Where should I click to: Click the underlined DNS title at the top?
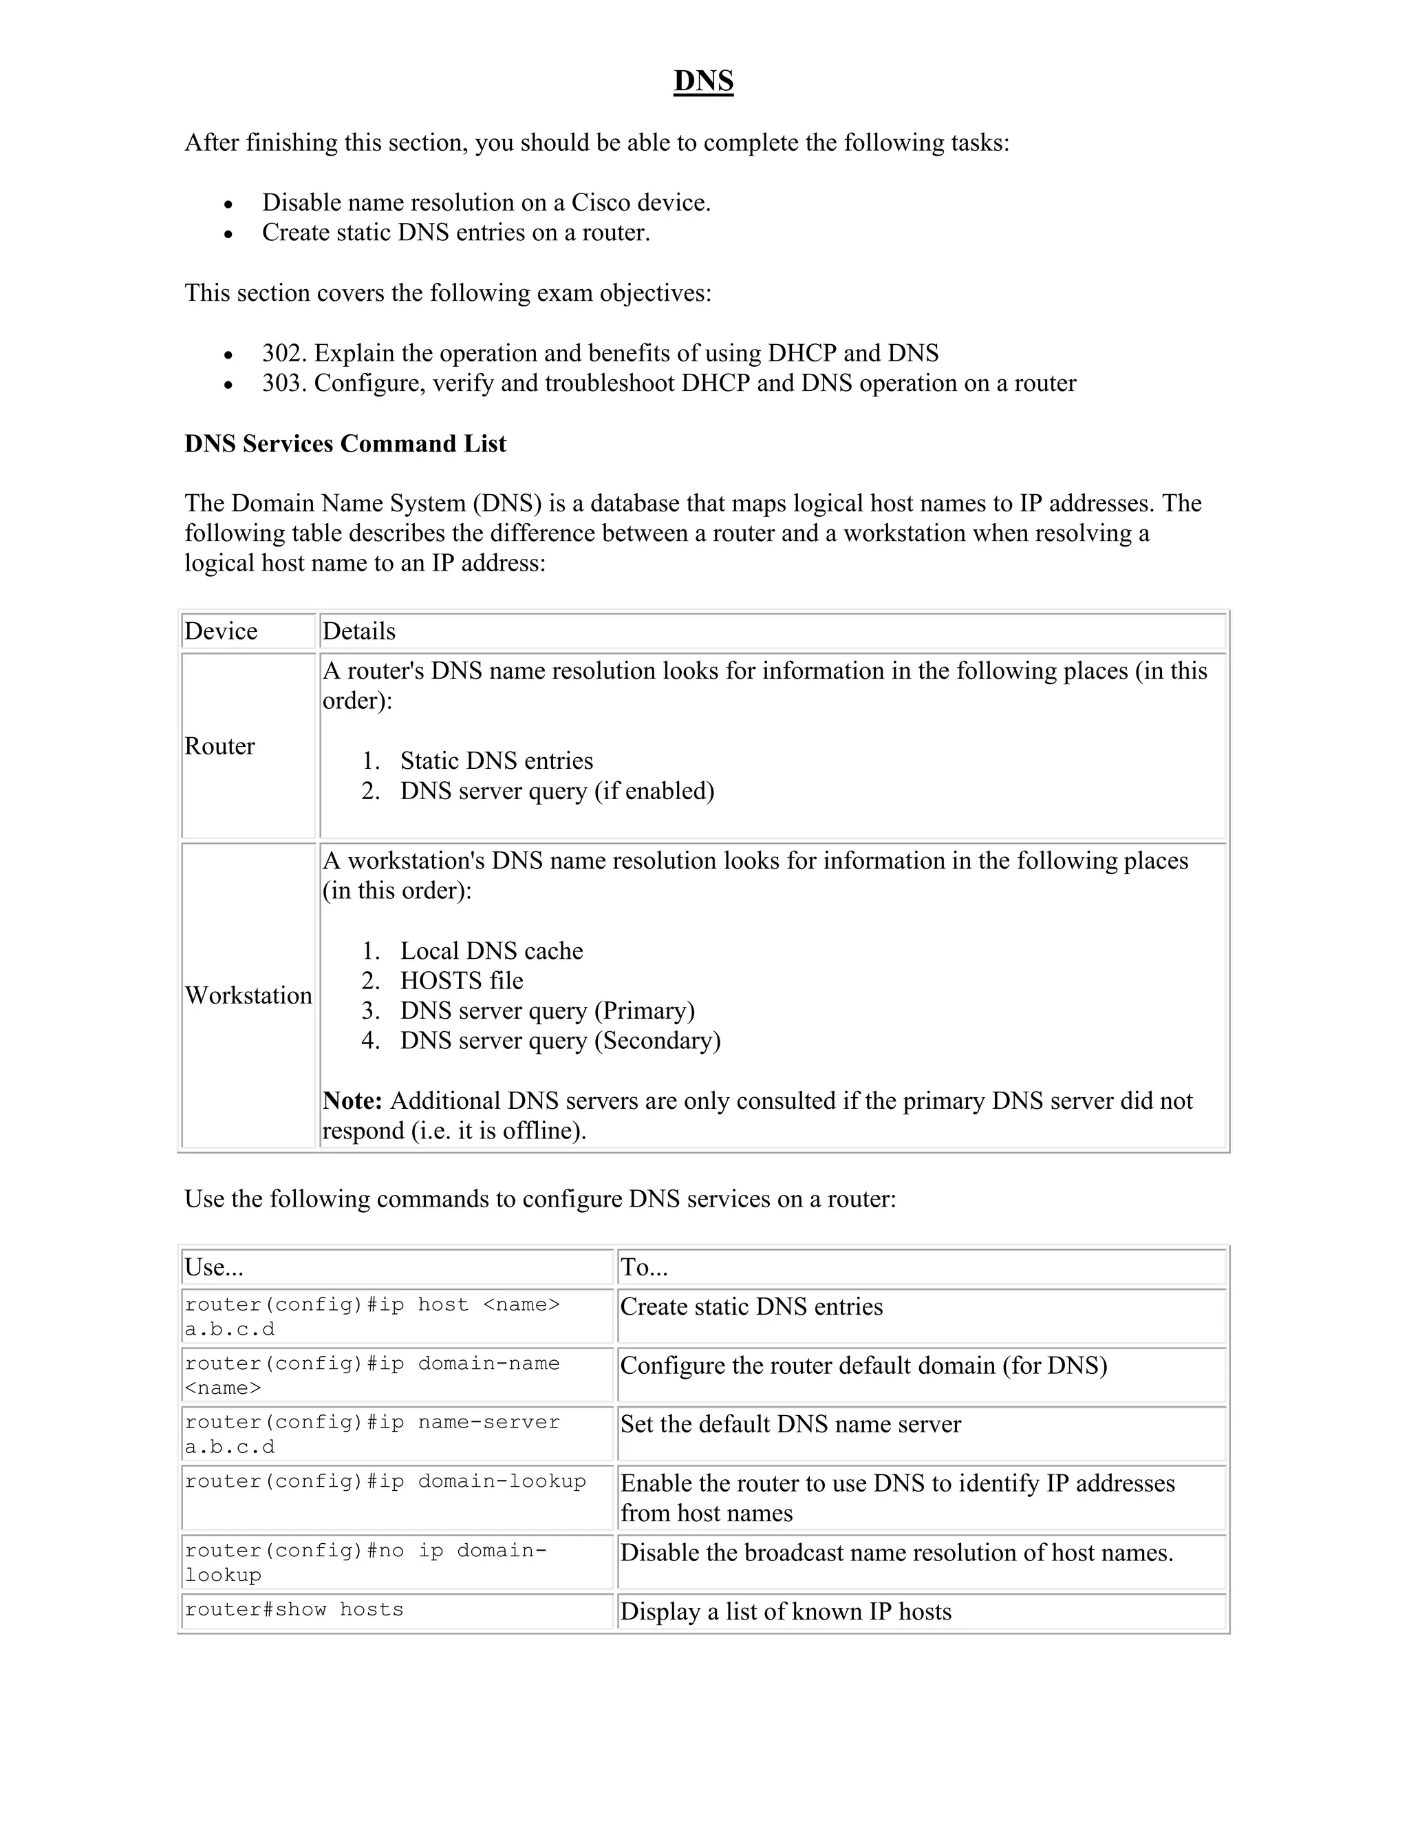click(703, 81)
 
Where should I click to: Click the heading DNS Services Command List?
click(345, 443)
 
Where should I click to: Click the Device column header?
click(222, 631)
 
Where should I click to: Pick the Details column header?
click(359, 631)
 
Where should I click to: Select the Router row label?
click(219, 747)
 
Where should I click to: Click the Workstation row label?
click(248, 995)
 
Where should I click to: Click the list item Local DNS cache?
click(491, 951)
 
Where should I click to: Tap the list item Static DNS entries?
click(497, 761)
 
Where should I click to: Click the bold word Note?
click(352, 1101)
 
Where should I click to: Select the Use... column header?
click(214, 1268)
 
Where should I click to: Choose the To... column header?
click(643, 1268)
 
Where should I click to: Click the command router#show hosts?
click(294, 1610)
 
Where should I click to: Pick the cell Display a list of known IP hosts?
click(786, 1612)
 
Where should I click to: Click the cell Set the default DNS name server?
click(790, 1425)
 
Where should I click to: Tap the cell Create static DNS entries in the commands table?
click(751, 1307)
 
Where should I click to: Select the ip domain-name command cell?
click(372, 1375)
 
